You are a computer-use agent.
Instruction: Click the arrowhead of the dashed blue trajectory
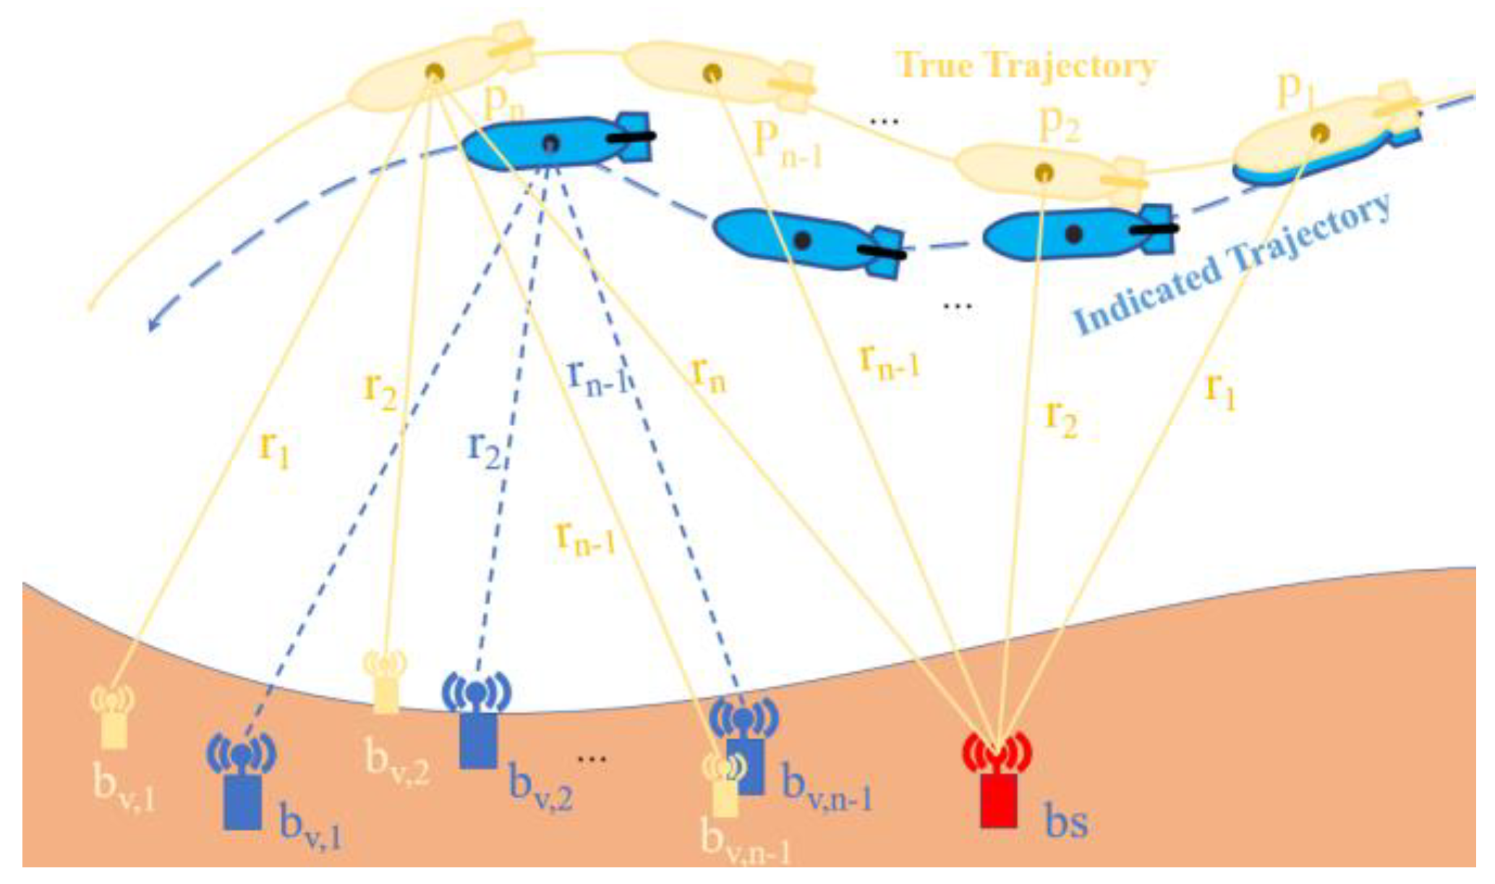pyautogui.click(x=154, y=323)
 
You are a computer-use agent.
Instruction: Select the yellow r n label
pyautogui.click(x=708, y=375)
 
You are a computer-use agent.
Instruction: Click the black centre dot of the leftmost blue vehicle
pyautogui.click(x=550, y=143)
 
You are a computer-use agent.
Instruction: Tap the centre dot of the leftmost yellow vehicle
pyautogui.click(x=434, y=72)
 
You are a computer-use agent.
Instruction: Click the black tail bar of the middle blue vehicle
pyautogui.click(x=881, y=252)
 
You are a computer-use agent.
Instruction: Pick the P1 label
pyautogui.click(x=1295, y=90)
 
